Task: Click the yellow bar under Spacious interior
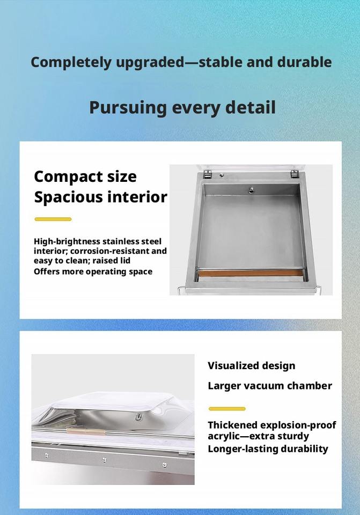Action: click(x=53, y=219)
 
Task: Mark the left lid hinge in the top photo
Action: click(x=207, y=174)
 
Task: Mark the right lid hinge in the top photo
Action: click(x=295, y=174)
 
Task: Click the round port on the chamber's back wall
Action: click(x=251, y=190)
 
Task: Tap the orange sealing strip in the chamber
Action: click(x=251, y=273)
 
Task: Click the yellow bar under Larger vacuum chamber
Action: click(x=227, y=409)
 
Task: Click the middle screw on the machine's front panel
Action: click(x=104, y=460)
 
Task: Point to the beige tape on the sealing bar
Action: click(x=86, y=431)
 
